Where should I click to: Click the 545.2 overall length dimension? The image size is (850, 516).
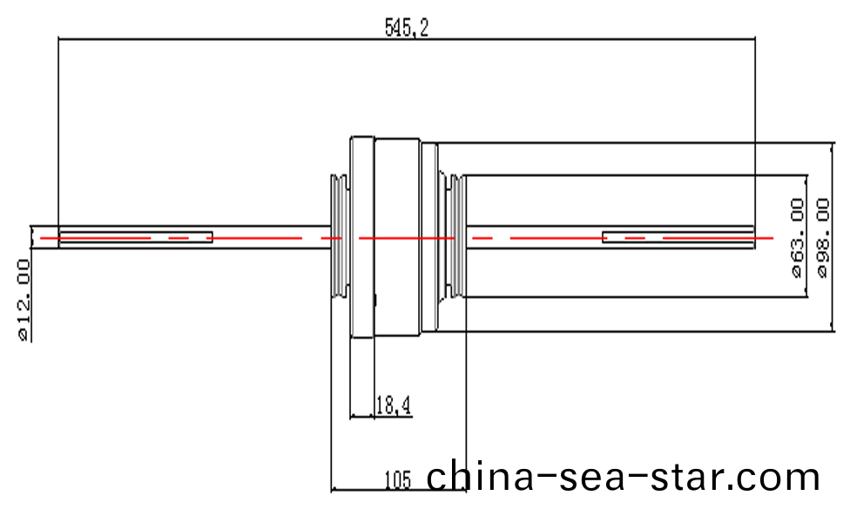pyautogui.click(x=407, y=27)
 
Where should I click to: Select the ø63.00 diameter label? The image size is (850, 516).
pyautogui.click(x=796, y=237)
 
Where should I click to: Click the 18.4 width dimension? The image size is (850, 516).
pyautogui.click(x=393, y=404)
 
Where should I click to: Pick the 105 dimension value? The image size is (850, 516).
pyautogui.click(x=397, y=479)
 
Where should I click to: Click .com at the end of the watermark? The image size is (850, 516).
pyautogui.click(x=779, y=478)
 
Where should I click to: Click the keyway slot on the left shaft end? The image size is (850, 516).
pyautogui.click(x=136, y=237)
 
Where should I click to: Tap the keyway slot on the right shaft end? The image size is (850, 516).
pyautogui.click(x=678, y=237)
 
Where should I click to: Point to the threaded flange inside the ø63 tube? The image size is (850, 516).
pyautogui.click(x=452, y=237)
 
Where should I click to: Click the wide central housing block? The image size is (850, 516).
pyautogui.click(x=397, y=237)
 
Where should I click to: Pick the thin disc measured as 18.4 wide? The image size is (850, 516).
pyautogui.click(x=362, y=237)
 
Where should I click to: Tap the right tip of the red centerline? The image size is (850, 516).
pyautogui.click(x=772, y=237)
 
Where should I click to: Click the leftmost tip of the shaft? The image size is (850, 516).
pyautogui.click(x=31, y=237)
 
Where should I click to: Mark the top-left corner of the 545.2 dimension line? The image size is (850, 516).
pyautogui.click(x=58, y=38)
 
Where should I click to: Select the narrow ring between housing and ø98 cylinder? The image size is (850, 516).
pyautogui.click(x=428, y=237)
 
